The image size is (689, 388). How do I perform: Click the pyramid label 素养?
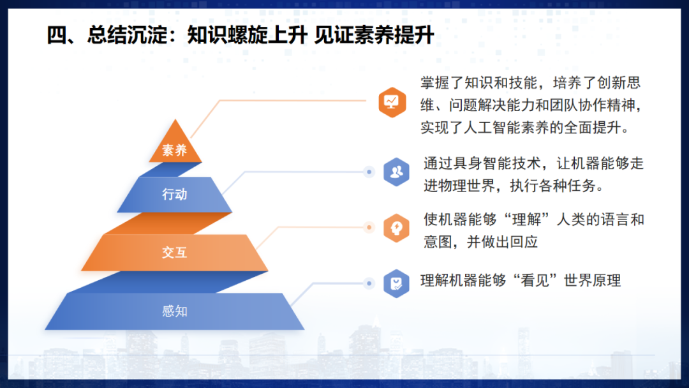point(174,151)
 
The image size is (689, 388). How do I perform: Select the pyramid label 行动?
point(174,194)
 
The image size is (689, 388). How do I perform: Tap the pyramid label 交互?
point(174,252)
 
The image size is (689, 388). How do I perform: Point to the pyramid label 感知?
point(174,311)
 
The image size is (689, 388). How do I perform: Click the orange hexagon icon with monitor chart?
point(392,102)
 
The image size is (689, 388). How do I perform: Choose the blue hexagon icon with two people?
point(396,172)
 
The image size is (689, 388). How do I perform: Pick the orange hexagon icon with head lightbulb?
point(396,228)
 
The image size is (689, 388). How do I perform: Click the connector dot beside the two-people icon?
point(368,172)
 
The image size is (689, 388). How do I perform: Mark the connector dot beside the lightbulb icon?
point(368,227)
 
